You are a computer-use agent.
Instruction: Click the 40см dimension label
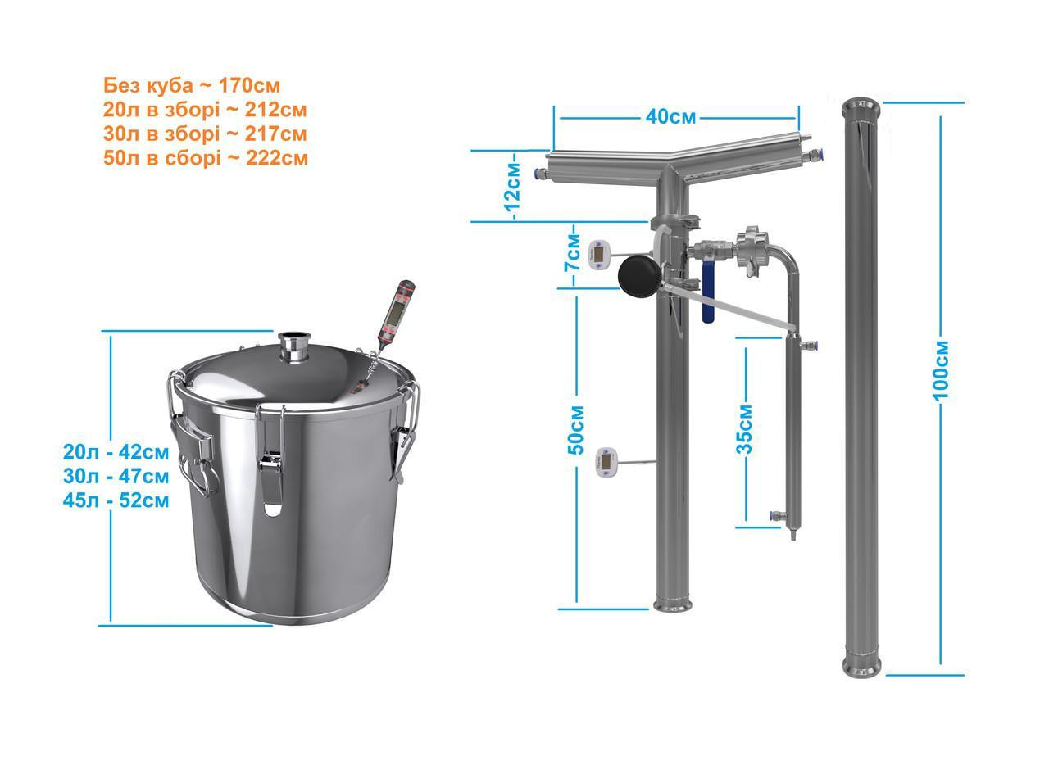pos(670,117)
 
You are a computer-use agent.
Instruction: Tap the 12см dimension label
pos(513,187)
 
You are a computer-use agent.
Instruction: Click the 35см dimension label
pos(745,429)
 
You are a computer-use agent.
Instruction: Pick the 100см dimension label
pos(941,371)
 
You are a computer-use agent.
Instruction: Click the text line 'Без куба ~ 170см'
pos(192,86)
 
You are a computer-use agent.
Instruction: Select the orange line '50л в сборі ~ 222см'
pos(206,158)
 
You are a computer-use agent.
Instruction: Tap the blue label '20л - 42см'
pos(116,452)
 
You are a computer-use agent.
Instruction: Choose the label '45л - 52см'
pos(116,500)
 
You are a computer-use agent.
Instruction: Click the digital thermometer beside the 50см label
pos(605,462)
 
